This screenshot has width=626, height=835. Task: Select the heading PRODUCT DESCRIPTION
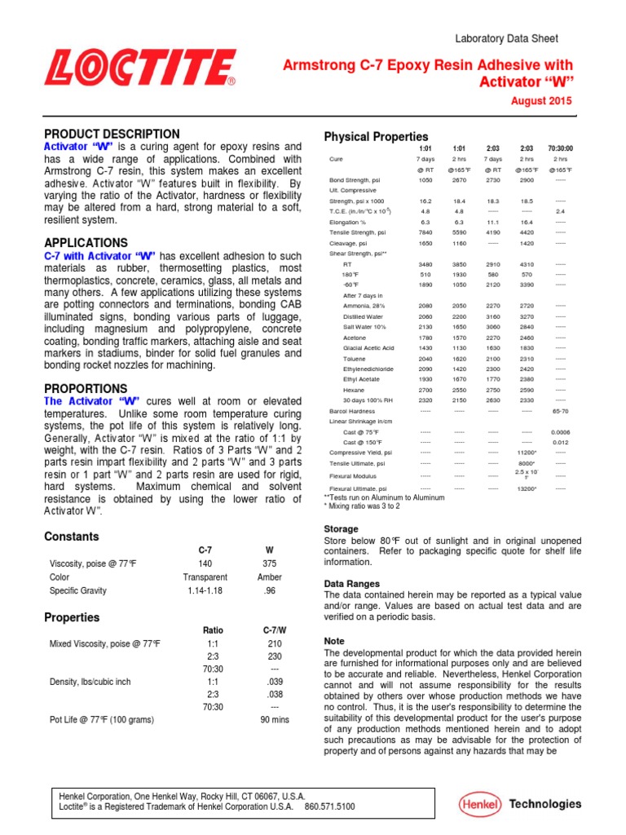pos(112,134)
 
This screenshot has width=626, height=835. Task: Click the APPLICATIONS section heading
pos(86,243)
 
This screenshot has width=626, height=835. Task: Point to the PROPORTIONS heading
pos(86,389)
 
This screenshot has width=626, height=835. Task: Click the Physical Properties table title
pos(376,136)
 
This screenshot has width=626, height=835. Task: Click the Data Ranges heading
pos(352,584)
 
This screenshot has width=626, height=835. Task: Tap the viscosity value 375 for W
pos(270,563)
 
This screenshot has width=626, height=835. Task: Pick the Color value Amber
pos(270,577)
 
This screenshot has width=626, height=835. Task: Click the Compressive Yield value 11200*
pos(527,451)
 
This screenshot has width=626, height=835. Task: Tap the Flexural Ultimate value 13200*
pos(527,488)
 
